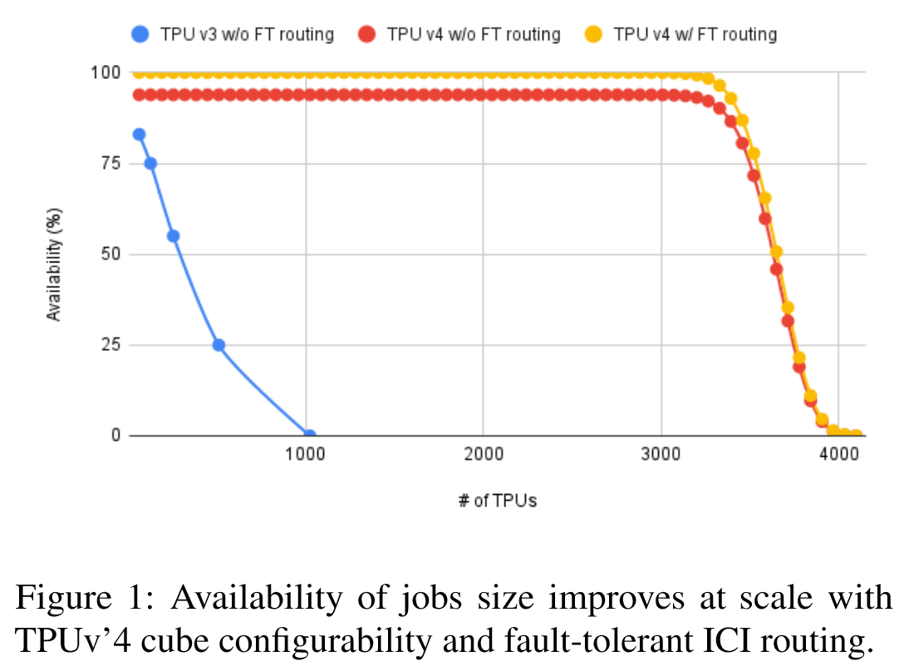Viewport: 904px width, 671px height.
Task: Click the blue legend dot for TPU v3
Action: coord(140,35)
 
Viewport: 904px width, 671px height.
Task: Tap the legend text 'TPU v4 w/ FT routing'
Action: coord(695,35)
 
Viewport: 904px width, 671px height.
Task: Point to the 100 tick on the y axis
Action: coord(108,73)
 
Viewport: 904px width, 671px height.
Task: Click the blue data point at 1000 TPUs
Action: coord(309,435)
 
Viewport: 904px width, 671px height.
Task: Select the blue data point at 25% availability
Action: coord(219,345)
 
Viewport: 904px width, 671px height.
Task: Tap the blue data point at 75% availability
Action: coord(150,164)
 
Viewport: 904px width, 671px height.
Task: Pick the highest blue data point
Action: coord(139,135)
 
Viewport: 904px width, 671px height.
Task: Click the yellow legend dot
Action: coord(593,35)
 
